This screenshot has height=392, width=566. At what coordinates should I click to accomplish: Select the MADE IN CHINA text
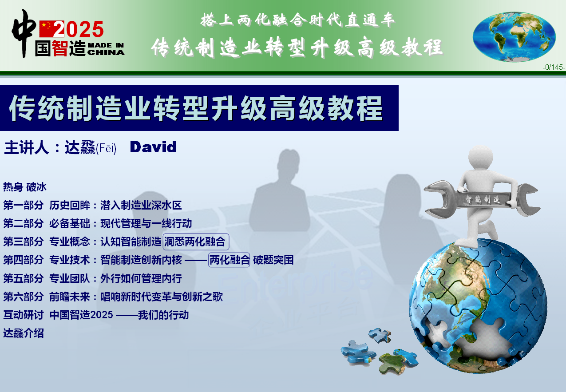106,49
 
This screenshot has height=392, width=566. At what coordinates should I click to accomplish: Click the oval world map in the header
514,37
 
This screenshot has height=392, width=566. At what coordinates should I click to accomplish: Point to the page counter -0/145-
554,67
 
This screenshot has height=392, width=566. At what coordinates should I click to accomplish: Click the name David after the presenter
153,147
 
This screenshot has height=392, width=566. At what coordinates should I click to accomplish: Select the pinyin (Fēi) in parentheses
106,148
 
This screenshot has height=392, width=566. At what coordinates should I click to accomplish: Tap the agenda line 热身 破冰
25,187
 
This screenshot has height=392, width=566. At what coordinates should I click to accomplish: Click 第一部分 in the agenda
23,205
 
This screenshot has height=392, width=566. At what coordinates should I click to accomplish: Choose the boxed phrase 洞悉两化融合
196,242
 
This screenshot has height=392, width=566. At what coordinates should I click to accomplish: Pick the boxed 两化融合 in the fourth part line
229,260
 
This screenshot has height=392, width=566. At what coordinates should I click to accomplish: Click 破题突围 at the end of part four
273,260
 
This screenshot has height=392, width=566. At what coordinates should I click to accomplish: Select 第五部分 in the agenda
23,278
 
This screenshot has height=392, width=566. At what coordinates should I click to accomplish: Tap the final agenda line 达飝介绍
24,333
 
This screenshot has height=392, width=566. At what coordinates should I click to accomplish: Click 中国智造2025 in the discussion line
81,315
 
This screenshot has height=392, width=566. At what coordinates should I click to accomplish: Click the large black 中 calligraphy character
24,33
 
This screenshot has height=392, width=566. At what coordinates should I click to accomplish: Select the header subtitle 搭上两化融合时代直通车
298,20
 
